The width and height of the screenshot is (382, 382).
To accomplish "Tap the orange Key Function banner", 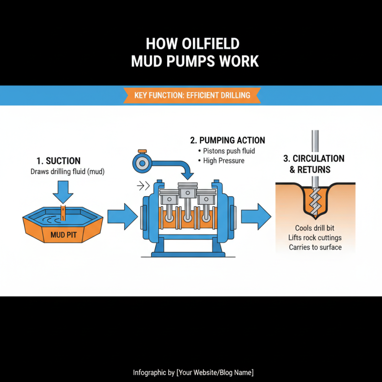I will point(192,95).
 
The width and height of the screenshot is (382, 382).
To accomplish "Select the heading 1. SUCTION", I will point(58,161).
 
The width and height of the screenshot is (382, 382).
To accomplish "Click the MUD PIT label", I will point(64,235).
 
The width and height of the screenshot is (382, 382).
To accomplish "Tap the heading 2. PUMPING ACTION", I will point(227,140).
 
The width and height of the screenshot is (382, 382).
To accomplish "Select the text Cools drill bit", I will point(315,228).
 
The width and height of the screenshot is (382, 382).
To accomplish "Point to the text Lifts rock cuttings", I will point(315,237).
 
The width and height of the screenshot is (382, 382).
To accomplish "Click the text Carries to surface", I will point(315,247).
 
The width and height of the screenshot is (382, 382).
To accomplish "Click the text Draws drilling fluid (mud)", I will point(67,171).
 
